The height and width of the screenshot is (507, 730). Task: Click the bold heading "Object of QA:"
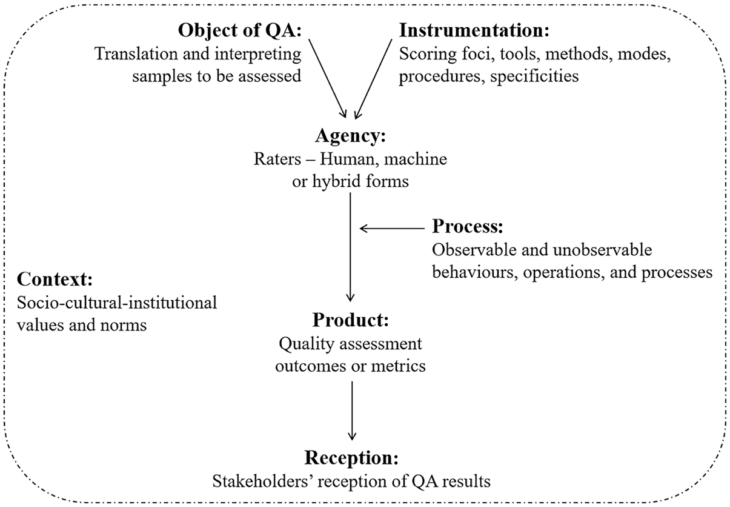pos(240,31)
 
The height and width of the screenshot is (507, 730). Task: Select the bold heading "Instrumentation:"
pos(474,30)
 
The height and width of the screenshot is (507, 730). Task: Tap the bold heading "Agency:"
pos(350,136)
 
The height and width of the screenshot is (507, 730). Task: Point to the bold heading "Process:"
pos(468,226)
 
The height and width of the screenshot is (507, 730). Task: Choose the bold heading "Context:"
pos(55,279)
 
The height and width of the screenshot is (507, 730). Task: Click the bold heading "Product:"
pos(351,320)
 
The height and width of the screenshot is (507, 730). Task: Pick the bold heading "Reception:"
pos(351,458)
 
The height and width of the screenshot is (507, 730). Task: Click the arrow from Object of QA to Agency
pos(327,78)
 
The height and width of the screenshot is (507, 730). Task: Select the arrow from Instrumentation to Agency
pos(373,79)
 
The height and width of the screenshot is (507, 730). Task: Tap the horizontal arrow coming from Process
pos(392,229)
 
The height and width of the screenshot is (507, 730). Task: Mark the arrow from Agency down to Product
pos(350,247)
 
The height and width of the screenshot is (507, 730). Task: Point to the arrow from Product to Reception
pos(352,411)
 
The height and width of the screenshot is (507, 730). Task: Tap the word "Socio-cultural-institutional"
pos(117,303)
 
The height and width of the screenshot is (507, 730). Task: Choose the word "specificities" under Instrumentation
pos(534,76)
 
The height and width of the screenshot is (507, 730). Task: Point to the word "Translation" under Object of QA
pos(136,54)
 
